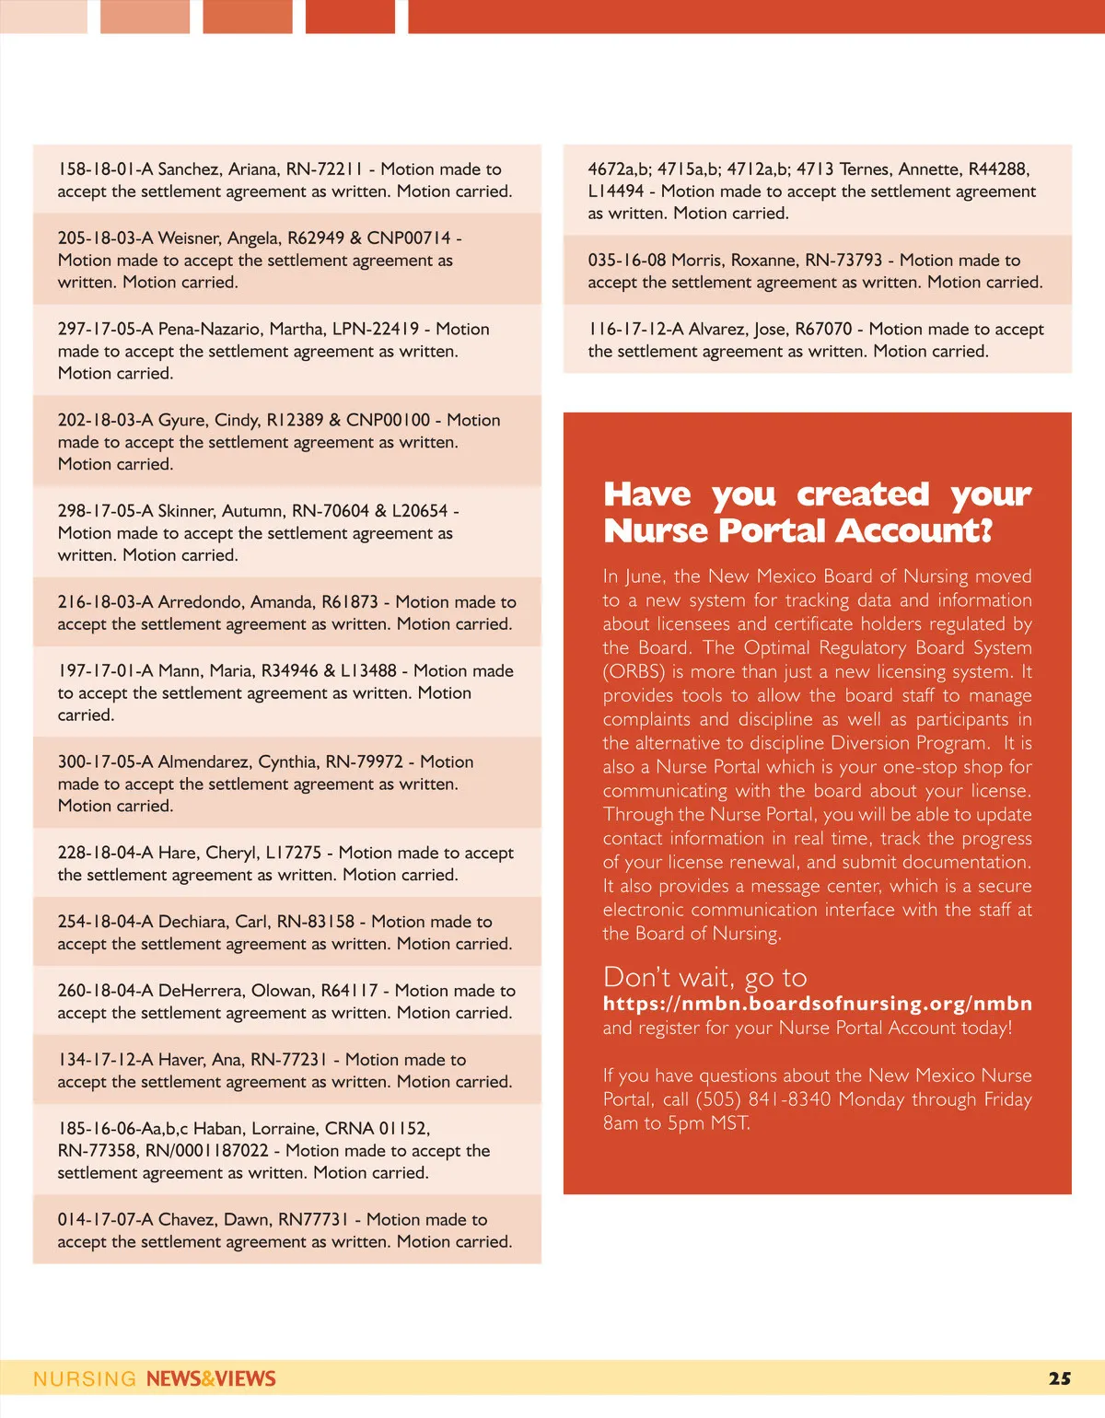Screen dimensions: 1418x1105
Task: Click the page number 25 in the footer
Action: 1059,1378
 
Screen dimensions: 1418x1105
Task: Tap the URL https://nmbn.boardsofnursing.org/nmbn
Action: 817,1004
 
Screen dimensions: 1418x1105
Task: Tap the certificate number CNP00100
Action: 388,420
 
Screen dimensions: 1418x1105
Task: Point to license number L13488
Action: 366,671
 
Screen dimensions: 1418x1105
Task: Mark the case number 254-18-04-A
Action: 105,922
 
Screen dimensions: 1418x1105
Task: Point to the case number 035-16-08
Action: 627,261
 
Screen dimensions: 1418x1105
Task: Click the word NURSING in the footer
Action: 85,1378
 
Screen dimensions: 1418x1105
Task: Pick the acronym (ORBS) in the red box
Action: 634,672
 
